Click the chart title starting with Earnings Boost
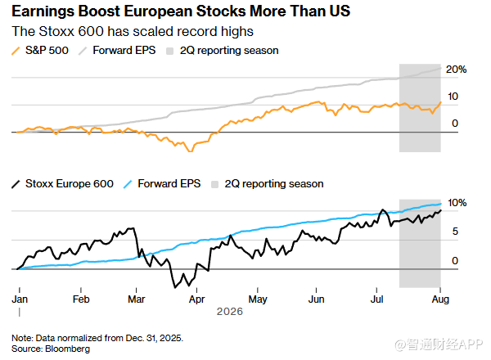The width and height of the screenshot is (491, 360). click(181, 11)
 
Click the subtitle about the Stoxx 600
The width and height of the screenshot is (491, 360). click(133, 31)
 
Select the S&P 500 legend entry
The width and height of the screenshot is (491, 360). click(40, 51)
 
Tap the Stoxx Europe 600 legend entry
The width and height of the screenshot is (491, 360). click(63, 184)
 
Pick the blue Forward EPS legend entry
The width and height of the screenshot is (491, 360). click(162, 184)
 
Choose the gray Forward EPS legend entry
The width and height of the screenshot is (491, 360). click(117, 51)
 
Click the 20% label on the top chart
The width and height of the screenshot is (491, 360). click(456, 70)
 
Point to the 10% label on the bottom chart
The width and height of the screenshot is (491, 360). click(457, 203)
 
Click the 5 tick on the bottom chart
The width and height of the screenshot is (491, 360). click(455, 232)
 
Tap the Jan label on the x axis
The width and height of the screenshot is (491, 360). click(20, 299)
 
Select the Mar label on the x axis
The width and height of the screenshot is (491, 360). click(136, 299)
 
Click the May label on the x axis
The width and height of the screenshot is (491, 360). click(258, 299)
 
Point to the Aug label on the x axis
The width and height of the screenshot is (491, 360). click(440, 299)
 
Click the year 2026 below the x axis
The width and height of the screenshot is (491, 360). click(230, 312)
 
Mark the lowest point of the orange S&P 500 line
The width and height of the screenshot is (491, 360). click(190, 151)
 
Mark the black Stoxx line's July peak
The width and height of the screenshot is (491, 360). click(382, 209)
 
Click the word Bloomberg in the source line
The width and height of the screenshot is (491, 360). click(68, 349)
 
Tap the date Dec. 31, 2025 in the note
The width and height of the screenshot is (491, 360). click(155, 338)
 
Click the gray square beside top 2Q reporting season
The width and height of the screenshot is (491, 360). click(169, 51)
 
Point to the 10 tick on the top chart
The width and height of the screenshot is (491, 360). click(453, 97)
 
